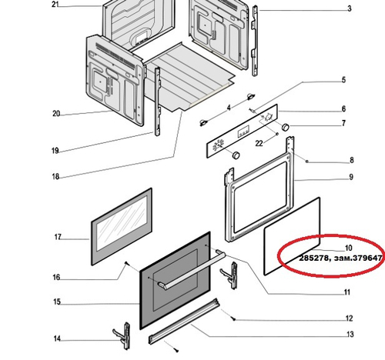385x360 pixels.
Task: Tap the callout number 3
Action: coord(348,8)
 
